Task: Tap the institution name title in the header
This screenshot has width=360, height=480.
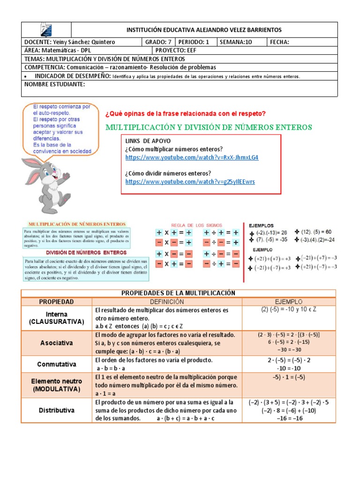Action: [204, 30]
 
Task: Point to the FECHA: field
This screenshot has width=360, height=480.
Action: [280, 42]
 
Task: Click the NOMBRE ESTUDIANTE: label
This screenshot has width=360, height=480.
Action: [54, 84]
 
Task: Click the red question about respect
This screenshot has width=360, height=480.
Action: [186, 113]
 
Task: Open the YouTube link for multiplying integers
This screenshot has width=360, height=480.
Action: [192, 157]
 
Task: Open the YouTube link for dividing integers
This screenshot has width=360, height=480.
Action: [190, 181]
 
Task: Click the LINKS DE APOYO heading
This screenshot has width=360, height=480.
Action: [148, 141]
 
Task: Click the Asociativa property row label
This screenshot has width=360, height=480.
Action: [56, 343]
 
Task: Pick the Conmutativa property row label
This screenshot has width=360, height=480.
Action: [56, 364]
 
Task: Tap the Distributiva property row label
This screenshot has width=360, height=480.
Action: [56, 410]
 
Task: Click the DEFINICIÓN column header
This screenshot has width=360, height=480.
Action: [167, 301]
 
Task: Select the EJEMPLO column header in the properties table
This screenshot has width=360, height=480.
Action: [289, 301]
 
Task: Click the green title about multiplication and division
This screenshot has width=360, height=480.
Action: [209, 127]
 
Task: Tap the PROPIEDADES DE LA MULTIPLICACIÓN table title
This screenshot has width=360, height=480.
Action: [178, 293]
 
